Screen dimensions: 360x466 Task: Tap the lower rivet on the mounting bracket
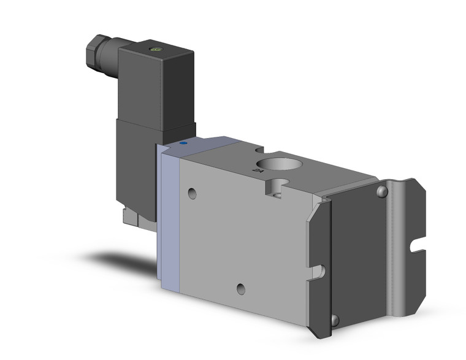point(334,320)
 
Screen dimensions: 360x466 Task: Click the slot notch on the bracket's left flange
point(318,270)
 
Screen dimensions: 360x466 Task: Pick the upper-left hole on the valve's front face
point(193,194)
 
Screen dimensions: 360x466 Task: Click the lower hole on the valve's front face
point(242,289)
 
